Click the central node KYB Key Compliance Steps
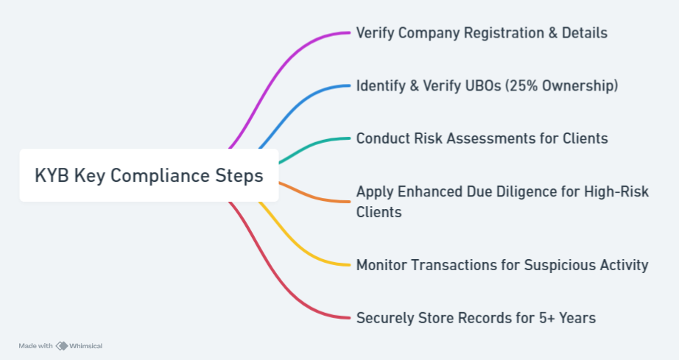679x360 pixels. click(x=149, y=175)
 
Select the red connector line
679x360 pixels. click(x=277, y=272)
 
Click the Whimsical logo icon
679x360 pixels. click(x=62, y=346)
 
